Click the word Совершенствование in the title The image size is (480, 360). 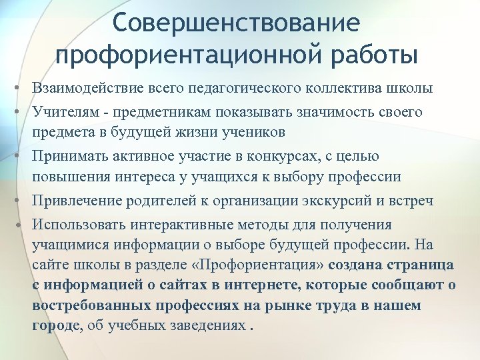pyautogui.click(x=236, y=23)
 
